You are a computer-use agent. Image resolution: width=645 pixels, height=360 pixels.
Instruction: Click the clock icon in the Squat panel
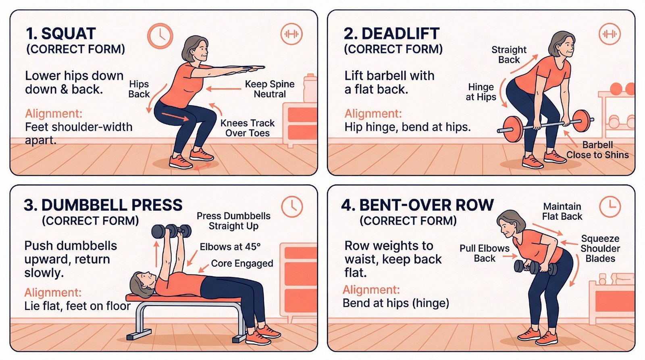(x=160, y=36)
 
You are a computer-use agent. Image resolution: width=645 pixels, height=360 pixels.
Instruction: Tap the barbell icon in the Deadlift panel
(x=610, y=34)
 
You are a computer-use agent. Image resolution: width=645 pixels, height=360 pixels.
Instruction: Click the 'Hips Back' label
(x=139, y=89)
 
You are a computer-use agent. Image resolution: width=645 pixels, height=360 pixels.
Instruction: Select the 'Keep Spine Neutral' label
(x=270, y=89)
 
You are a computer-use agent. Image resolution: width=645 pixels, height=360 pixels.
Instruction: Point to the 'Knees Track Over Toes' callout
(x=248, y=128)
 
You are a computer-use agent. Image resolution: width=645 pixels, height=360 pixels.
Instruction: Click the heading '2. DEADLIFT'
(x=391, y=33)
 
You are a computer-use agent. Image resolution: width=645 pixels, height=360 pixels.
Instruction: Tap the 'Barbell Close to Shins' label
(x=597, y=150)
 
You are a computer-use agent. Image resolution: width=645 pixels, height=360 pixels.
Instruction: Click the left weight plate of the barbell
(x=513, y=129)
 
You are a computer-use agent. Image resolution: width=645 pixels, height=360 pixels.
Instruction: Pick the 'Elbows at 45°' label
(x=230, y=247)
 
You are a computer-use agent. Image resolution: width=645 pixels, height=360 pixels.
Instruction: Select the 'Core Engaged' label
(x=242, y=263)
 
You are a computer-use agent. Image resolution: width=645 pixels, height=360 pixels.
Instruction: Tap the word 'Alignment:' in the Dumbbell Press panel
(x=53, y=292)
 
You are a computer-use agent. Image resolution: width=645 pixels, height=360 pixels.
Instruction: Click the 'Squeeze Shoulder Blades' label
(x=600, y=248)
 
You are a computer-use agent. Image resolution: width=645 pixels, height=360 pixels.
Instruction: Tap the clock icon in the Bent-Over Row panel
(x=610, y=206)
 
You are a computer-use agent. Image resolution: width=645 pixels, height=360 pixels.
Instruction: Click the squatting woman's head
(x=195, y=48)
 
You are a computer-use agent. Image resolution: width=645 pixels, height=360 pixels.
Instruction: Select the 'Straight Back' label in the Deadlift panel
(x=509, y=54)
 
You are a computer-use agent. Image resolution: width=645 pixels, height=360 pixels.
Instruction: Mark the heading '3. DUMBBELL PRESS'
(x=103, y=205)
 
